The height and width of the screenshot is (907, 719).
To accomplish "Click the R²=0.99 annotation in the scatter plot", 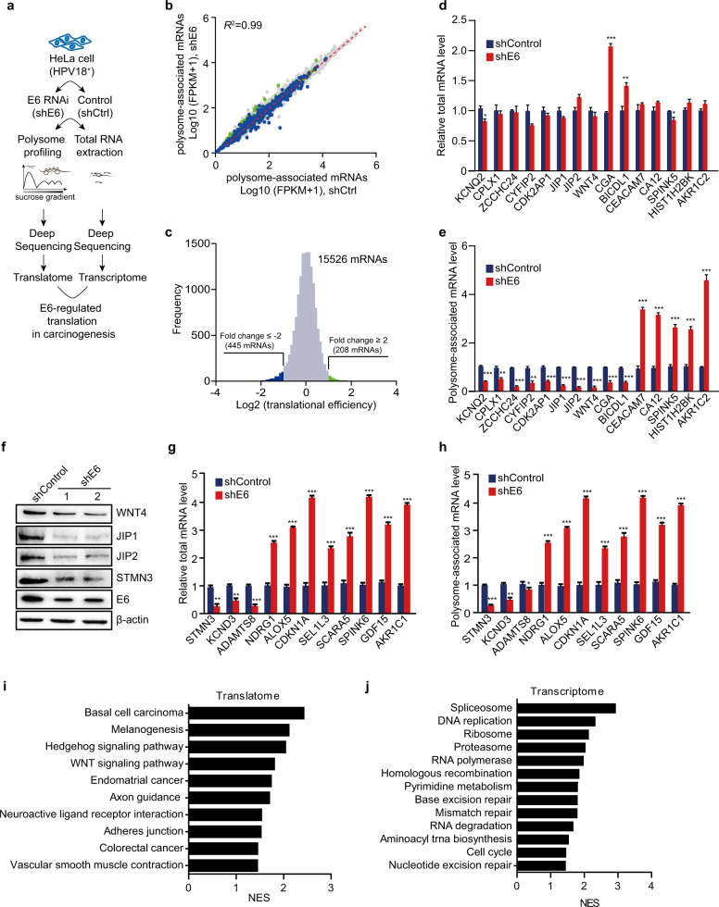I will [244, 19].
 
